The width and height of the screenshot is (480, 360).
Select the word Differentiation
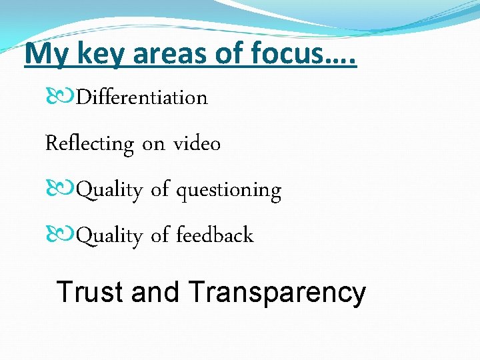[142, 97]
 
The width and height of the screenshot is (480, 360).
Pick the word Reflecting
[89, 144]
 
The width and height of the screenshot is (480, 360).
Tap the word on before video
[153, 144]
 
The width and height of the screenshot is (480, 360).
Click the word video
[197, 143]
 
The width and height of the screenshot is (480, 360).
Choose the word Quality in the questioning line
[110, 191]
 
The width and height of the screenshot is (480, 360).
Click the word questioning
[229, 191]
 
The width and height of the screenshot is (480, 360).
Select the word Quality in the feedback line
[110, 236]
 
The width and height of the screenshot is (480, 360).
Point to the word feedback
[215, 235]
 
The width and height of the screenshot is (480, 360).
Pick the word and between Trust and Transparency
[156, 292]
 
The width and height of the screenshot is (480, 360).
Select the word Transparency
[277, 293]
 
